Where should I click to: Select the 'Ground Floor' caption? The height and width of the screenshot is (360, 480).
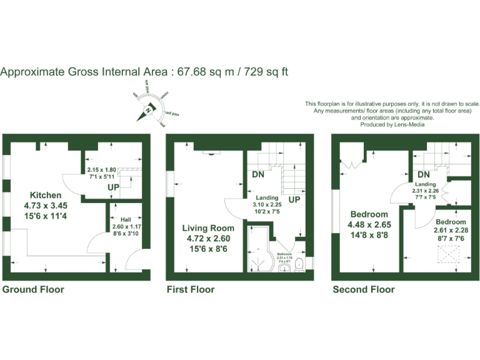click(x=33, y=289)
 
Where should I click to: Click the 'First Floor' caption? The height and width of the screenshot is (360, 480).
click(x=191, y=289)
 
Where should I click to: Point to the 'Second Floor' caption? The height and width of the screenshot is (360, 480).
click(x=363, y=289)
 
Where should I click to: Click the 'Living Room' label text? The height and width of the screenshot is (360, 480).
click(x=209, y=227)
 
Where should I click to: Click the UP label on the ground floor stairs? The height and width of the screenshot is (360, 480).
click(x=114, y=187)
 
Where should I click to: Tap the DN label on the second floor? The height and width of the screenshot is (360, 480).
click(x=424, y=174)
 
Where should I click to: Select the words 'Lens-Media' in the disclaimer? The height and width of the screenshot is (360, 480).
click(x=409, y=124)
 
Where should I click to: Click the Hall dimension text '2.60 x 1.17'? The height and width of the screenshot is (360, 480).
click(x=126, y=226)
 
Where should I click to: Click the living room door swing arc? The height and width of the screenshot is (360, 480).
click(x=232, y=206)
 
